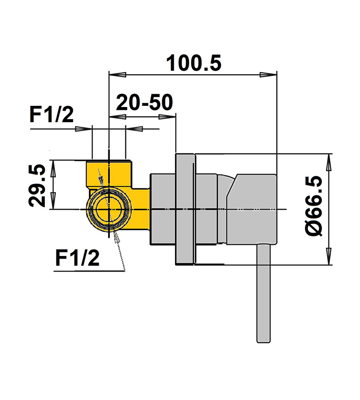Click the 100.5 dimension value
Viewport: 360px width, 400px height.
tap(194, 63)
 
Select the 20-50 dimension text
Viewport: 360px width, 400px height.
tap(144, 103)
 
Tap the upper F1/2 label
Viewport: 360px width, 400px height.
tap(52, 115)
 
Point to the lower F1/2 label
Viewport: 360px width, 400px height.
tap(77, 258)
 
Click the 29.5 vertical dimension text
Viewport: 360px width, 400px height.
tap(37, 185)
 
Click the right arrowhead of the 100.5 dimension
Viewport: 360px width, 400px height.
tap(268, 75)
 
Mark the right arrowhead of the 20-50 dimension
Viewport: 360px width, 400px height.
tap(167, 117)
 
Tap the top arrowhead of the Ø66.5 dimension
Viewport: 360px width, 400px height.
tap(329, 162)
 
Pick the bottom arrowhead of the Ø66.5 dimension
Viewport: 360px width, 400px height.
tap(329, 256)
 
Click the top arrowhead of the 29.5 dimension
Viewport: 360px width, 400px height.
tap(53, 168)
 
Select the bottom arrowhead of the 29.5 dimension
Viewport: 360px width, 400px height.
tap(53, 201)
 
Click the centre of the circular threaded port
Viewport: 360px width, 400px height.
tap(109, 209)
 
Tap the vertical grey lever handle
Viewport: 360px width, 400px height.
tap(264, 293)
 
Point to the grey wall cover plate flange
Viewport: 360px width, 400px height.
tap(185, 209)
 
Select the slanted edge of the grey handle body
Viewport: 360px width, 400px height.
tap(232, 185)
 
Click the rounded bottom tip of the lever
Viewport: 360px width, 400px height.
tap(264, 341)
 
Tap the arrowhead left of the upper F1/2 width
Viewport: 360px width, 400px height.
tap(84, 129)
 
